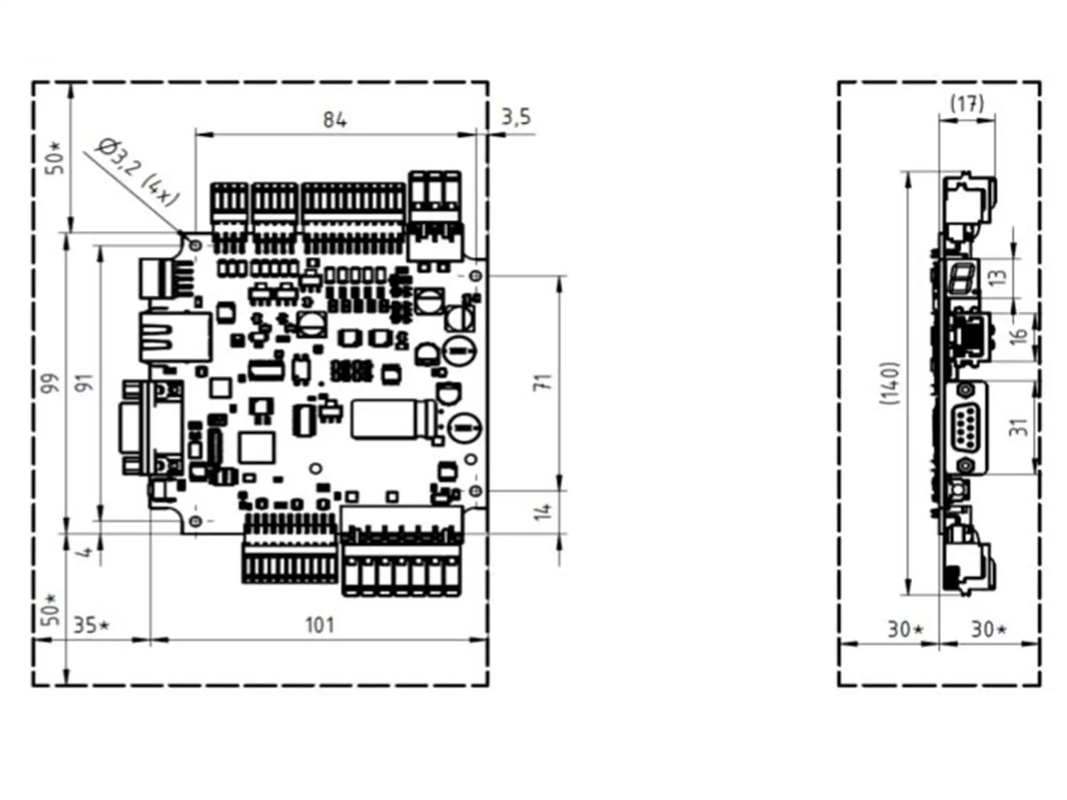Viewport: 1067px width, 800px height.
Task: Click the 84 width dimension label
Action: (335, 120)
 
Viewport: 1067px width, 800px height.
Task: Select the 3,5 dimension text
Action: (517, 117)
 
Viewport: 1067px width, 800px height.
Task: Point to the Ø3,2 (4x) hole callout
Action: (137, 172)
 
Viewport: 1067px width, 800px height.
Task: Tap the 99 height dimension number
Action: (51, 383)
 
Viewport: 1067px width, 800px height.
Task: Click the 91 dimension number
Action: (85, 383)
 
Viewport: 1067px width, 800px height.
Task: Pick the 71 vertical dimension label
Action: (543, 382)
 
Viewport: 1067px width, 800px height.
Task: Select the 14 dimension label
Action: (543, 512)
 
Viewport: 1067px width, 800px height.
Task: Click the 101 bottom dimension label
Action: (320, 626)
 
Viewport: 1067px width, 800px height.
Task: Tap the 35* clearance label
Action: (91, 626)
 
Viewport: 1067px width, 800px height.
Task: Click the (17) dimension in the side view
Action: (967, 104)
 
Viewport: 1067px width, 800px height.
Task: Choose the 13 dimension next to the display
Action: (999, 277)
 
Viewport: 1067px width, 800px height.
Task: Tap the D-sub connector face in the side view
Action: (967, 427)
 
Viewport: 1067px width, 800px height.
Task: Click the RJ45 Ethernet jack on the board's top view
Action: (174, 336)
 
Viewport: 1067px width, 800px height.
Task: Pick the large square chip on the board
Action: (257, 448)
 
